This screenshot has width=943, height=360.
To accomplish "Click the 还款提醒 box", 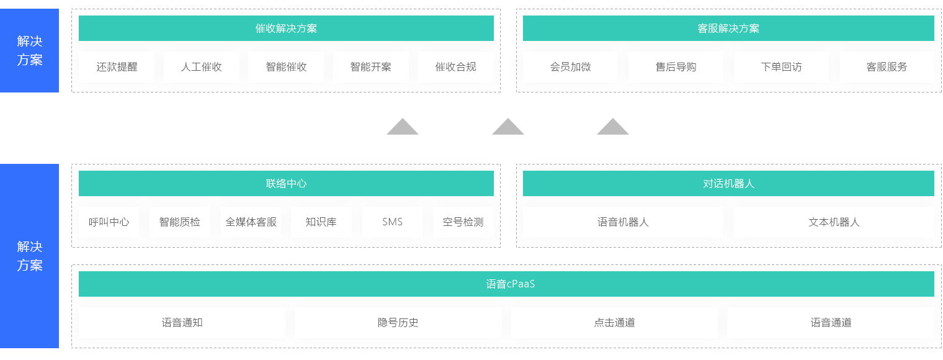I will coord(117,67).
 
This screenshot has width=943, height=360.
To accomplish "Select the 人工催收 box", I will coord(201,67).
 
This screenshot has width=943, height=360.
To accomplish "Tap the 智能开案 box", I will coord(370,67).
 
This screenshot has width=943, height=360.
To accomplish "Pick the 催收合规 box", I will coord(455,67).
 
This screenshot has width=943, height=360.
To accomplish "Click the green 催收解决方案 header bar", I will coord(286,29).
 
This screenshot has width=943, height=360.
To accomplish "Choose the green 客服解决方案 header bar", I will coord(728,29).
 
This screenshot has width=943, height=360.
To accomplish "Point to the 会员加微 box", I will coord(570,67).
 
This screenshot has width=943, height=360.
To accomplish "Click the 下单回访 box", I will coord(781,67).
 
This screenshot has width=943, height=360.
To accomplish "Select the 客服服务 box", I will coord(887,67).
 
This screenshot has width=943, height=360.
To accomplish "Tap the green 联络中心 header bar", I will coord(286,184).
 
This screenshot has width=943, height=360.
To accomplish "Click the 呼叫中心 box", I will coord(109,222).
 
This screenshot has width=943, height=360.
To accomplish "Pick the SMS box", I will coord(392,222).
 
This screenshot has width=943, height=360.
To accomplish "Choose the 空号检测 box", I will coord(463,222).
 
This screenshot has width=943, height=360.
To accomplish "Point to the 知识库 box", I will coord(321,222).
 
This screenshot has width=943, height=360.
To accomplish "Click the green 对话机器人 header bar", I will coord(728,184).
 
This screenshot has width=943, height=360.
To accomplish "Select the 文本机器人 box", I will coord(834,222).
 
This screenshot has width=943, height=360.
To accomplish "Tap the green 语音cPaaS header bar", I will coord(506,284).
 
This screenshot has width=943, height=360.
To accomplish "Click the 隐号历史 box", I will coord(398,323).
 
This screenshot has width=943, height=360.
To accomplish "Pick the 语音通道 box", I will coord(830,323).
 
